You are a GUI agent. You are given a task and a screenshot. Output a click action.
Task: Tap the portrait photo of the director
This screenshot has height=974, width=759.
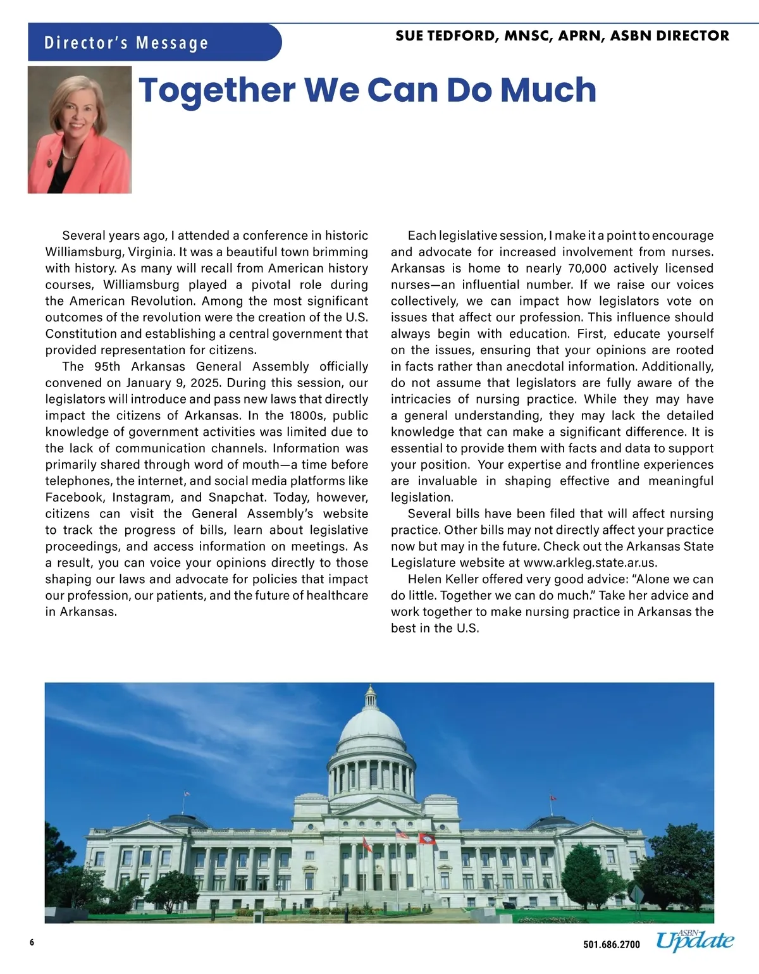[80, 130]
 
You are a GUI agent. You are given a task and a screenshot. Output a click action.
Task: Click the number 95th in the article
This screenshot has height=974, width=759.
[107, 366]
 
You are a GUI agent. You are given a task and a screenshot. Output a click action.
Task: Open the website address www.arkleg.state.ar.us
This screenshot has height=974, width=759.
[591, 562]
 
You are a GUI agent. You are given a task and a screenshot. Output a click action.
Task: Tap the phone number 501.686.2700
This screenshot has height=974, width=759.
[611, 945]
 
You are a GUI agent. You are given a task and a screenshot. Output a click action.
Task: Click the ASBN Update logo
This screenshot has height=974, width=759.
[694, 941]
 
